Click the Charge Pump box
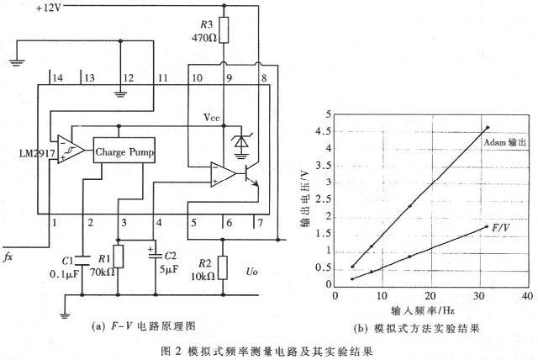coord(124,151)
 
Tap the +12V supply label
coord(49,8)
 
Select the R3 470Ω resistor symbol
coord(224,29)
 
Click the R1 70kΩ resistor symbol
coord(119,257)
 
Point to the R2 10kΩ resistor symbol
coord(223,267)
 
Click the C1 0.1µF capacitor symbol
coord(82,261)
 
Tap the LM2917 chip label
coord(37,153)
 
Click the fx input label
coord(8,257)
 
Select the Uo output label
coord(251,272)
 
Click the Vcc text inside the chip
coord(211,118)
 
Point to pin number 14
coord(57,77)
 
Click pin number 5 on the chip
coord(193,223)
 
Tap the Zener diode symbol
coord(241,143)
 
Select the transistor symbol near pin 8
coord(251,175)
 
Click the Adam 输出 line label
coord(504,142)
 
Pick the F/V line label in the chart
coord(501,228)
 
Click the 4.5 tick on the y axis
coord(323,131)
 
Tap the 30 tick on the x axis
coord(478,295)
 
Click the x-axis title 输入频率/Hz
coord(423,310)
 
